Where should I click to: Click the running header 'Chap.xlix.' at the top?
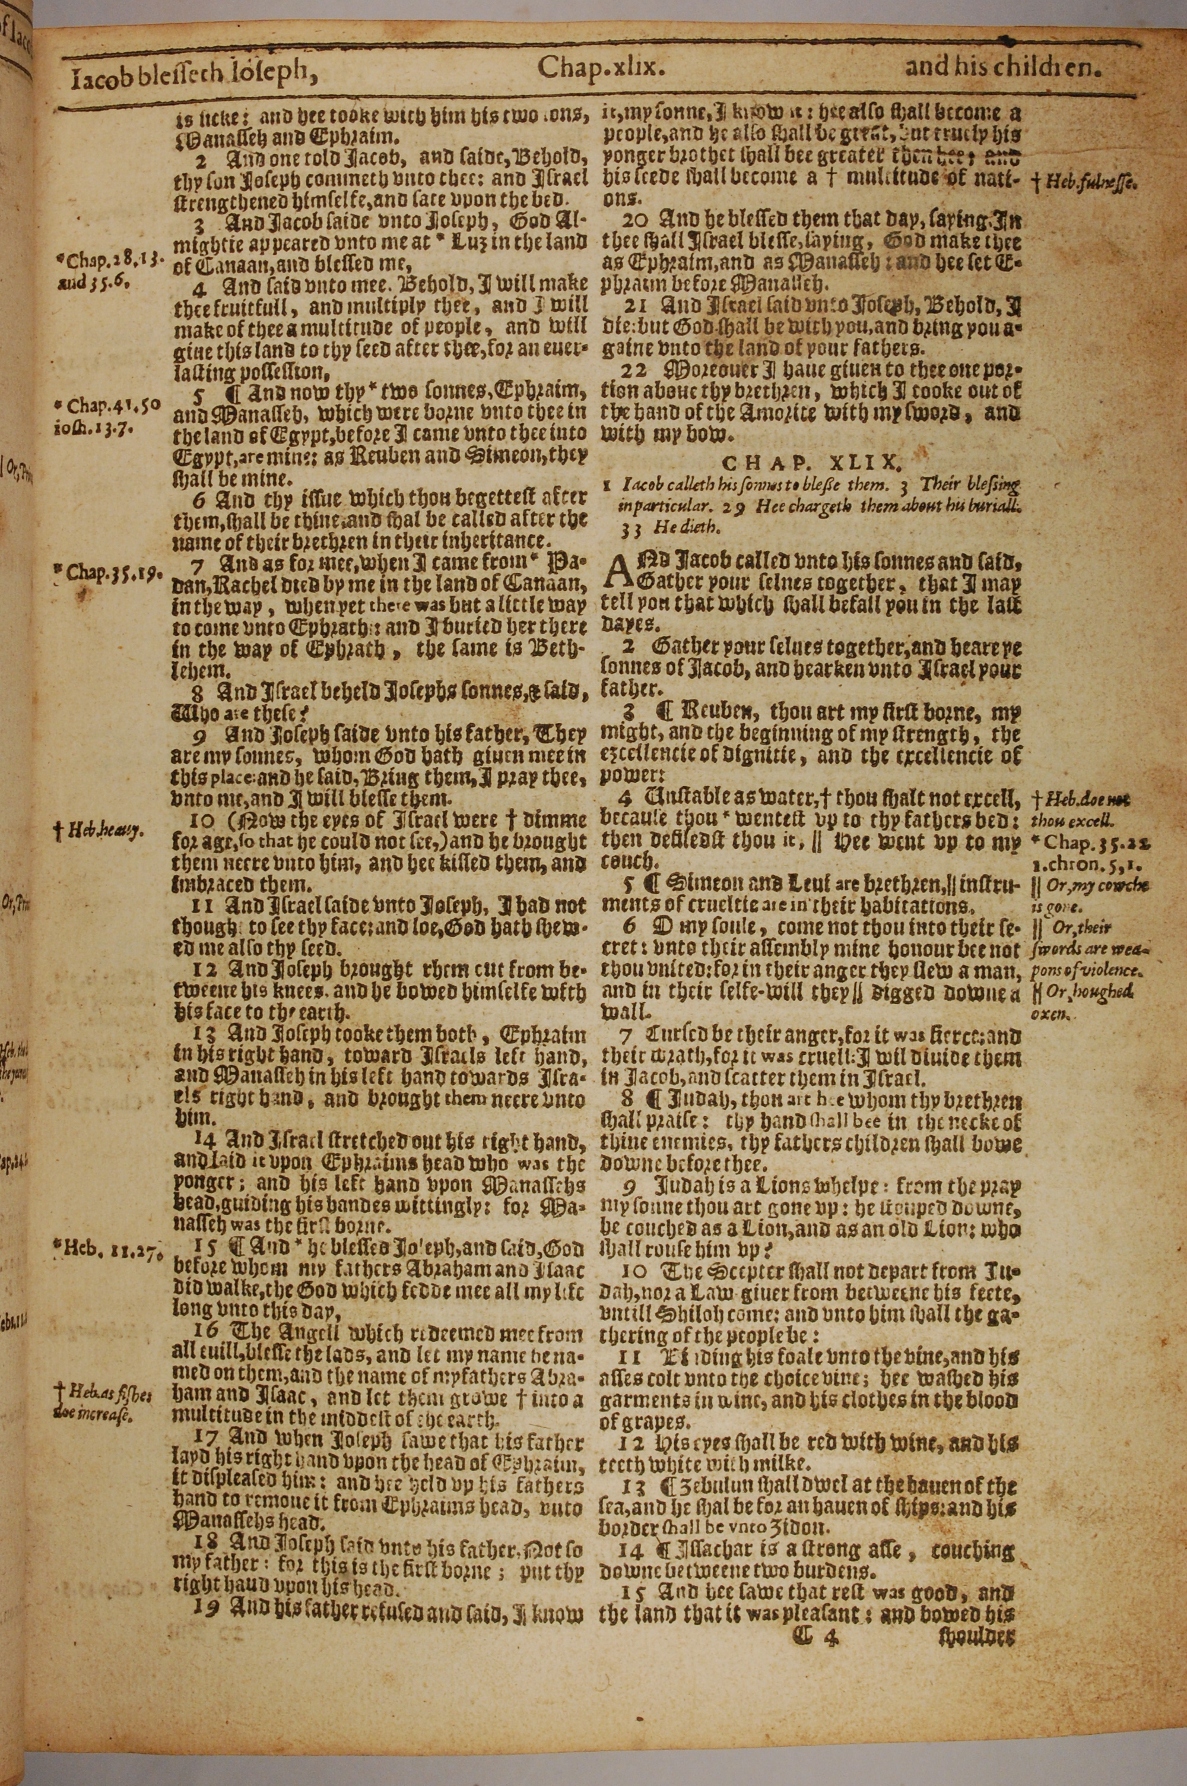click(602, 68)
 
